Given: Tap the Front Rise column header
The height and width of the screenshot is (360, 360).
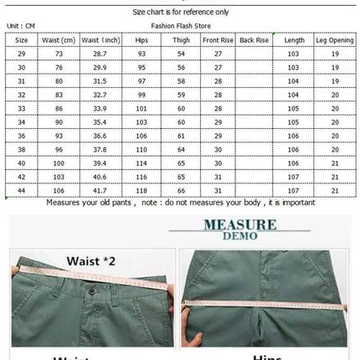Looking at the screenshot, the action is point(218,40).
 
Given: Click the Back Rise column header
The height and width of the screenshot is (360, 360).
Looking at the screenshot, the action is point(254,40).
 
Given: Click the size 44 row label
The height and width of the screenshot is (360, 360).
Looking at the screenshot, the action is point(23,192).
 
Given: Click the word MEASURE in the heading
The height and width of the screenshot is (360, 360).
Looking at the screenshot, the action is point(239,224).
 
